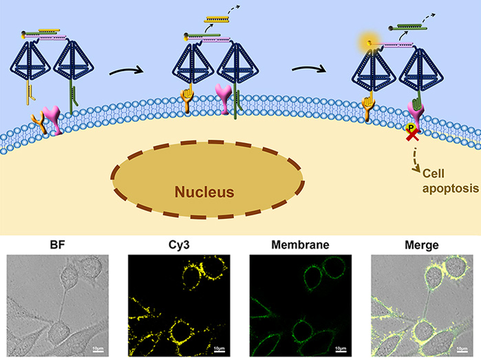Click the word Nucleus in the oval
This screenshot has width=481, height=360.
tap(208, 191)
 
